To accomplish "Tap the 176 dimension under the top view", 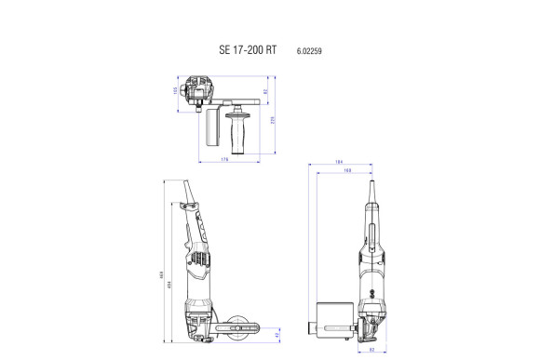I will tap(225, 160).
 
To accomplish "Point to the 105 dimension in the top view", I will tap(174, 90).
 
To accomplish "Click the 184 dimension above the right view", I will tap(341, 163).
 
